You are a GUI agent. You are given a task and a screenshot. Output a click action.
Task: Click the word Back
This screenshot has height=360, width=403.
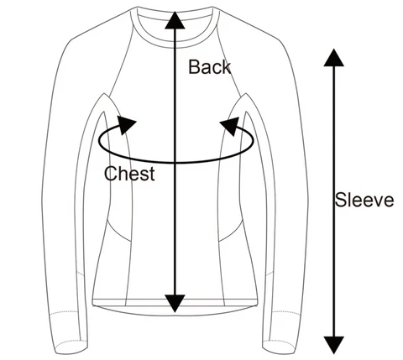pyautogui.click(x=209, y=67)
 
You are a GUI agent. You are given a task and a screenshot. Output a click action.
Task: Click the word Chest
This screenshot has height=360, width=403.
pyautogui.click(x=129, y=174)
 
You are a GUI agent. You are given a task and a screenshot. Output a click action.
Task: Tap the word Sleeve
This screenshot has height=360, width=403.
pyautogui.click(x=364, y=200)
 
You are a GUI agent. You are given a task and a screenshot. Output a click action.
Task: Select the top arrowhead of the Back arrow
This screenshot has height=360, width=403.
pyautogui.click(x=175, y=20)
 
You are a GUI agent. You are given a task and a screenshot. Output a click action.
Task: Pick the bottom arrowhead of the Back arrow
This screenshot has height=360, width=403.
pyautogui.click(x=175, y=304)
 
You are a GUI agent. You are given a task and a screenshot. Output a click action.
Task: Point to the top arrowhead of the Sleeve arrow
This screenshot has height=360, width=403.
pyautogui.click(x=333, y=58)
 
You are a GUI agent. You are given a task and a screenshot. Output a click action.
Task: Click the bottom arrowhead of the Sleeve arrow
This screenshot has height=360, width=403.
pyautogui.click(x=333, y=345)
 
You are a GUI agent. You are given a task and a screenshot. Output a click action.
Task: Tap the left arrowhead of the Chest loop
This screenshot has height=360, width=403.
pyautogui.click(x=127, y=125)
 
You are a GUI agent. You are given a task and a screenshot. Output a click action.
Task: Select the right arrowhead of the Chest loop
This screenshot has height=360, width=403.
pyautogui.click(x=230, y=126)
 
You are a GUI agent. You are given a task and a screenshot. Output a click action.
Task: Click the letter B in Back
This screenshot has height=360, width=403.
pyautogui.click(x=194, y=67)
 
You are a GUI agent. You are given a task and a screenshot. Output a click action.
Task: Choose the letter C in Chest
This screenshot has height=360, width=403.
pyautogui.click(x=111, y=174)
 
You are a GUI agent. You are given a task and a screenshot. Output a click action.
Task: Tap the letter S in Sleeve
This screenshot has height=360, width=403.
pyautogui.click(x=341, y=200)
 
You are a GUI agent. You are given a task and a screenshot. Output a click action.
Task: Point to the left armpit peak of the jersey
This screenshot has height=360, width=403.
pyautogui.click(x=104, y=94)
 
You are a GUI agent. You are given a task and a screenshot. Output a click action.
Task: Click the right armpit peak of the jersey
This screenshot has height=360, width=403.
pyautogui.click(x=246, y=94)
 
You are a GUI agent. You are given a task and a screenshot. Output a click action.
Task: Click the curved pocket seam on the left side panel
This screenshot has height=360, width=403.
pyautogui.click(x=118, y=232)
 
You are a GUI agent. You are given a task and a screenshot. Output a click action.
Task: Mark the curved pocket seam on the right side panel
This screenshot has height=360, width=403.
pyautogui.click(x=231, y=232)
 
